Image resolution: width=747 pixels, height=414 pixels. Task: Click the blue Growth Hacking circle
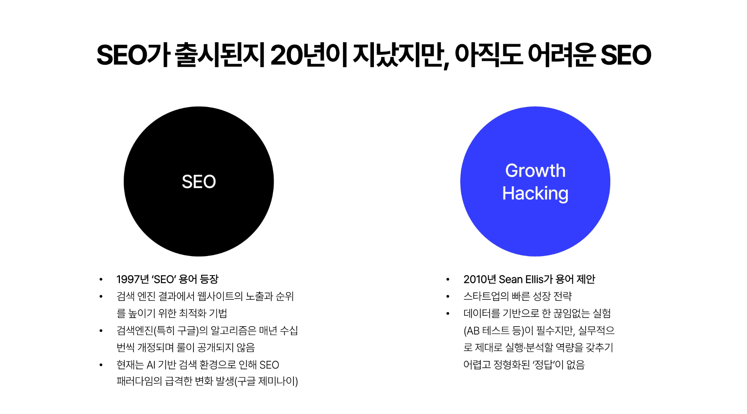pyautogui.click(x=535, y=228)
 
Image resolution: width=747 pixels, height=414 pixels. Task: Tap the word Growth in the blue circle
pyautogui.click(x=535, y=171)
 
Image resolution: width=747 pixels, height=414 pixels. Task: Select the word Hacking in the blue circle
pyautogui.click(x=535, y=193)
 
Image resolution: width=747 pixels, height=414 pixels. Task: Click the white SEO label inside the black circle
pyautogui.click(x=199, y=182)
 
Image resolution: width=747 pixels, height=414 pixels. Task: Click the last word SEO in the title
pyautogui.click(x=626, y=55)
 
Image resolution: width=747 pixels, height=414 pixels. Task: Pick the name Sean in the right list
pyautogui.click(x=511, y=279)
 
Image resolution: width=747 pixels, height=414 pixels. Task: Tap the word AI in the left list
pyautogui.click(x=151, y=365)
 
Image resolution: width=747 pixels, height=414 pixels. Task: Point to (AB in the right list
pyautogui.click(x=471, y=331)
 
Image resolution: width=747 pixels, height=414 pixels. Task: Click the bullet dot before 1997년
pyautogui.click(x=101, y=280)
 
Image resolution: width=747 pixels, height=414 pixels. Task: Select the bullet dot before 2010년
pyautogui.click(x=448, y=280)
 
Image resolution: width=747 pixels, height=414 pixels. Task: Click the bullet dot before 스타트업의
pyautogui.click(x=448, y=297)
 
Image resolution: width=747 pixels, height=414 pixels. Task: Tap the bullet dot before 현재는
pyautogui.click(x=101, y=365)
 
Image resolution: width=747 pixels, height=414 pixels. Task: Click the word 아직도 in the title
pyautogui.click(x=488, y=55)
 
